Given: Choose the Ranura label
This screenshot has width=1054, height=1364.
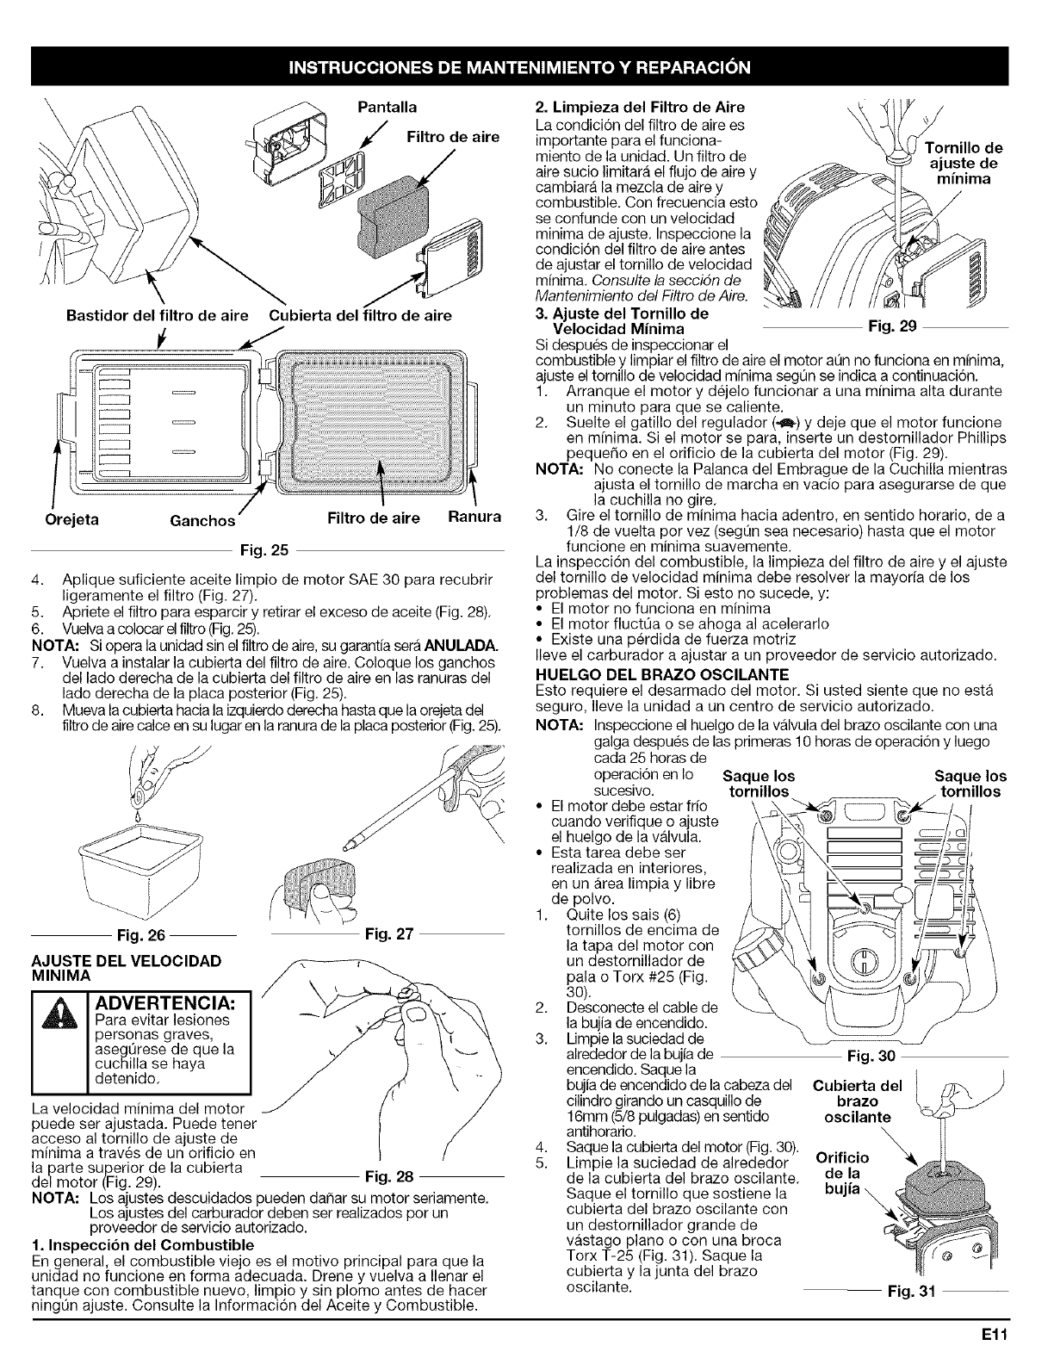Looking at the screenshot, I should [474, 518].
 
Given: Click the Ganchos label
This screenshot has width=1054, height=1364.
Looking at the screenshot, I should [202, 520].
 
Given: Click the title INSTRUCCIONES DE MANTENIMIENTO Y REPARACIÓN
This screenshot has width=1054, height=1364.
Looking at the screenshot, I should [526, 66].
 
